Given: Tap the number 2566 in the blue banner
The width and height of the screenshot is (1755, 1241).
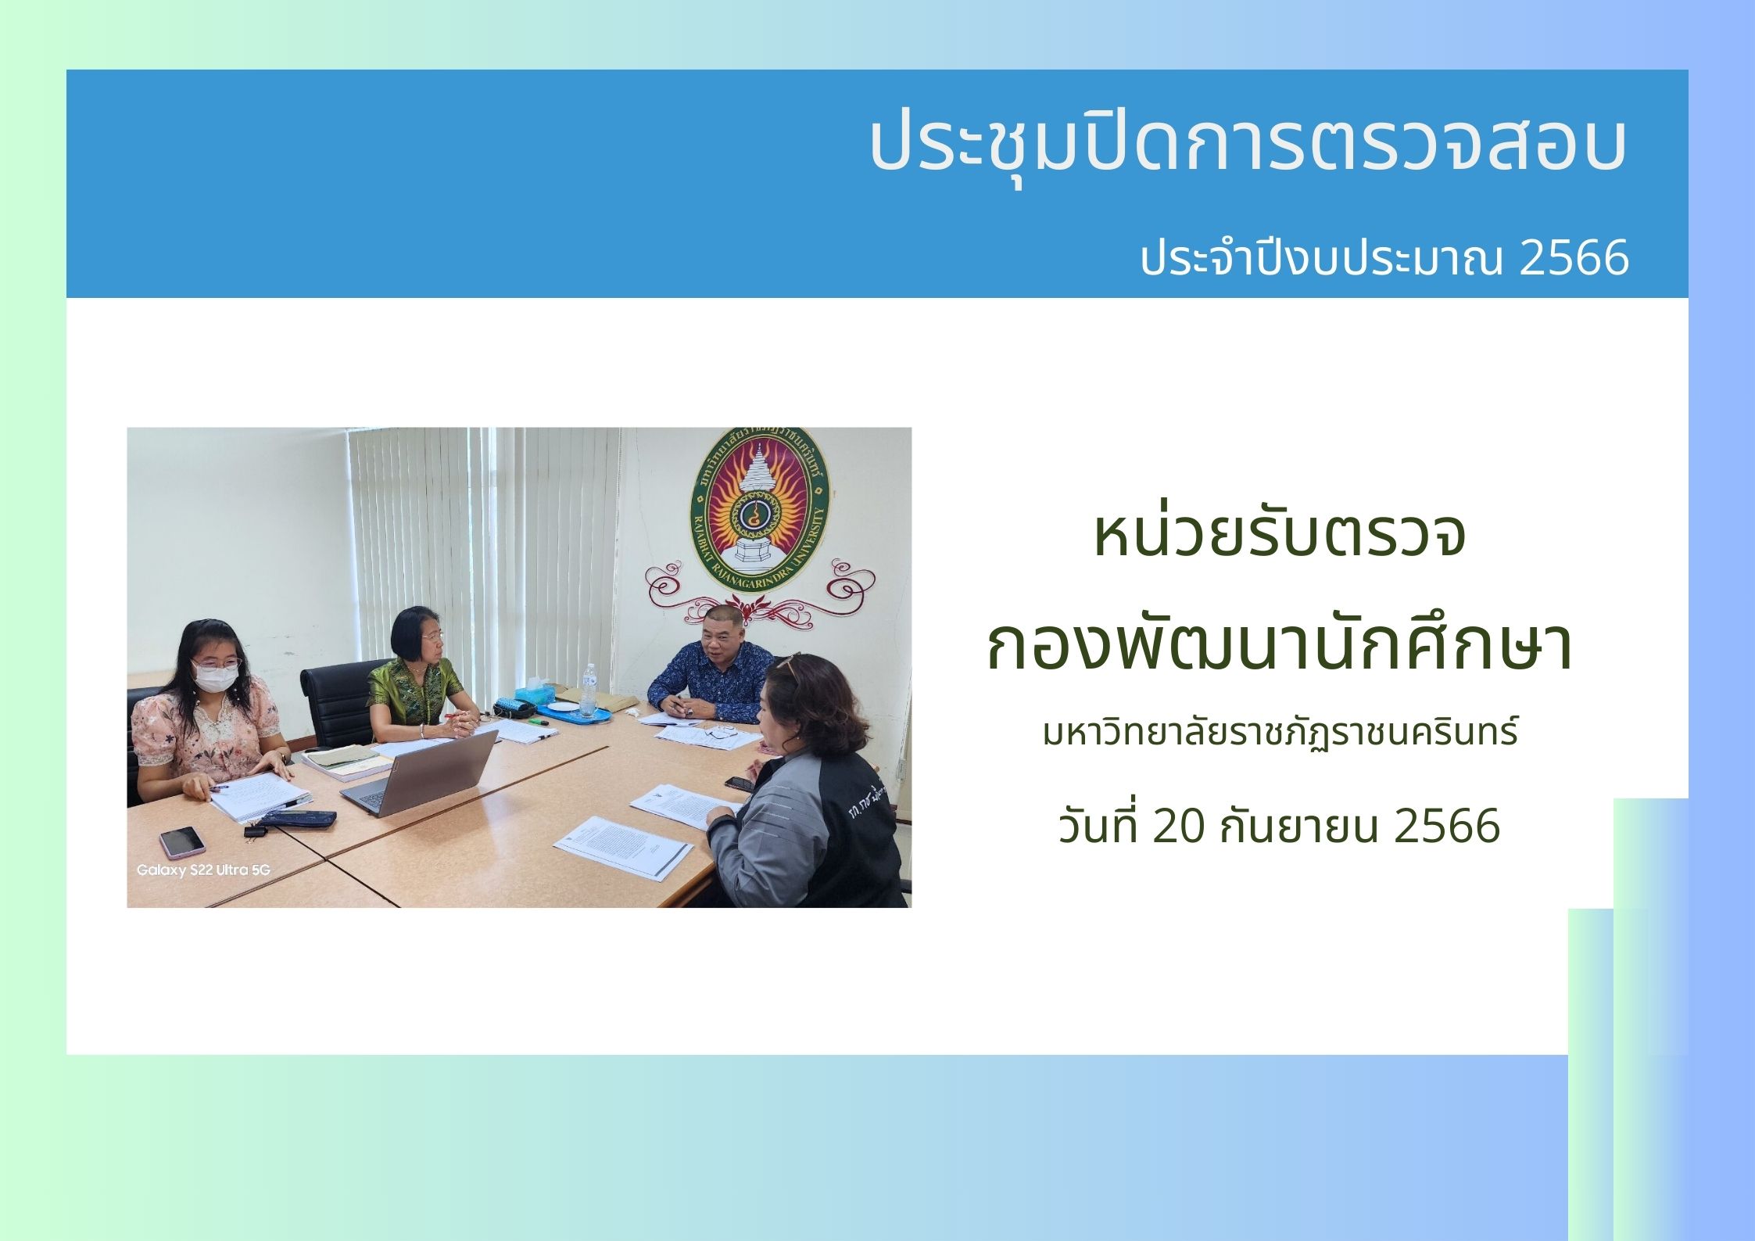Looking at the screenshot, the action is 1574,259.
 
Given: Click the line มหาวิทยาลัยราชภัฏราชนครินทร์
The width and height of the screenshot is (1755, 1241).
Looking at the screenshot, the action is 1280,733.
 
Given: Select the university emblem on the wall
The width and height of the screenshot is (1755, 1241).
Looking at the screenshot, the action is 758,510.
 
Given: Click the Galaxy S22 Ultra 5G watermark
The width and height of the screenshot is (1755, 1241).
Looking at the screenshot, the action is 203,870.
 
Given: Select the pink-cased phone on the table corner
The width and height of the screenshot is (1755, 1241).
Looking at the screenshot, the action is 181,842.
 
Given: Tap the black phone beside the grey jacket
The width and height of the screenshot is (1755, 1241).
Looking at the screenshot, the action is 739,784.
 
